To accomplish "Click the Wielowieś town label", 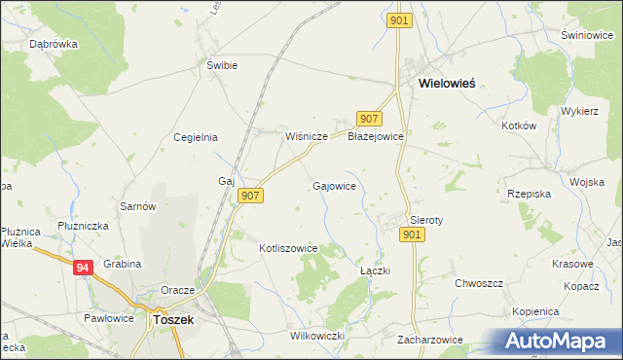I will pos(447,84).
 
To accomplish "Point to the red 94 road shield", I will pos(84,266).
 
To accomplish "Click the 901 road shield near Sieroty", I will pos(412,234).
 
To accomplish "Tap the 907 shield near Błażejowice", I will pos(367,119).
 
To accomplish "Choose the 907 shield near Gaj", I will pos(250,196).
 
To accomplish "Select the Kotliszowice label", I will pos(288,248).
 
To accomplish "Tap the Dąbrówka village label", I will pos(54,44).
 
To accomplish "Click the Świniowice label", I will pos(585,35).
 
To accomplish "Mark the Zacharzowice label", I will pos(430,341).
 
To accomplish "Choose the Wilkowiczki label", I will pos(318,336).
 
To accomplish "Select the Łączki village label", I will pos(375,270).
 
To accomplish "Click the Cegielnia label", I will pos(195,137).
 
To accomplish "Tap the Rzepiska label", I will pos(530,194).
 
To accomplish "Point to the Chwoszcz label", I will pos(478,283).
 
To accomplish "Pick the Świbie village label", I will pos(222,65).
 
